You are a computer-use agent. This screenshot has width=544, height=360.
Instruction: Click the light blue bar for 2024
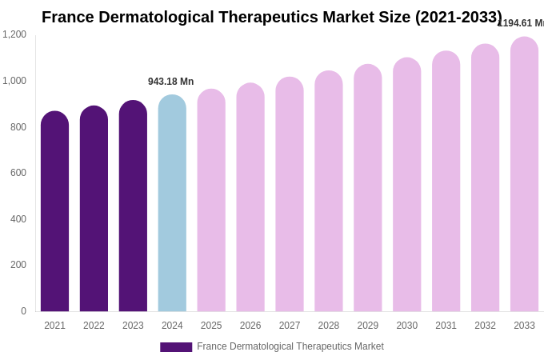[172, 204]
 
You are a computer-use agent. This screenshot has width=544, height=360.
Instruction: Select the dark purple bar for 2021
[54, 212]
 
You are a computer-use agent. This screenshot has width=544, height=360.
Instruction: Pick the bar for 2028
[328, 192]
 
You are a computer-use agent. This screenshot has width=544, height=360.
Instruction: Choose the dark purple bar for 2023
[133, 206]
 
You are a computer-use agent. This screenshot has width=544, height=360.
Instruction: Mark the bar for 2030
[406, 186]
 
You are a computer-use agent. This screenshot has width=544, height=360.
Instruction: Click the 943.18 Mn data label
[170, 82]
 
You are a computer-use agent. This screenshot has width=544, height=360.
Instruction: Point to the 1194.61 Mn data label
[521, 23]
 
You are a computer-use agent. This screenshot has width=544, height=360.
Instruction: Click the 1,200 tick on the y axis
[14, 34]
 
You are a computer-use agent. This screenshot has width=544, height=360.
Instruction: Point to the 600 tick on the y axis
[18, 173]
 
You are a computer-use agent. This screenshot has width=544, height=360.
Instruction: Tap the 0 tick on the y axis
[23, 311]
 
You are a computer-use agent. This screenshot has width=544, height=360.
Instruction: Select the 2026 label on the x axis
[250, 326]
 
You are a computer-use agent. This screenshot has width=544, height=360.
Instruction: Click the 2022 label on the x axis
[94, 326]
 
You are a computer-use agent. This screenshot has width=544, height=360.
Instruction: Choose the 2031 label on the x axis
[446, 326]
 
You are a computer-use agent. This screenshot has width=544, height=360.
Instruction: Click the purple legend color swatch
[176, 347]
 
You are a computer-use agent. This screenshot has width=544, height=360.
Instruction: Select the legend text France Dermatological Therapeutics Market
[290, 346]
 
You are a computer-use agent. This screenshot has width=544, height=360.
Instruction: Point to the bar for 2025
[211, 201]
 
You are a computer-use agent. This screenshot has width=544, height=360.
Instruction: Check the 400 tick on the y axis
[18, 219]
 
